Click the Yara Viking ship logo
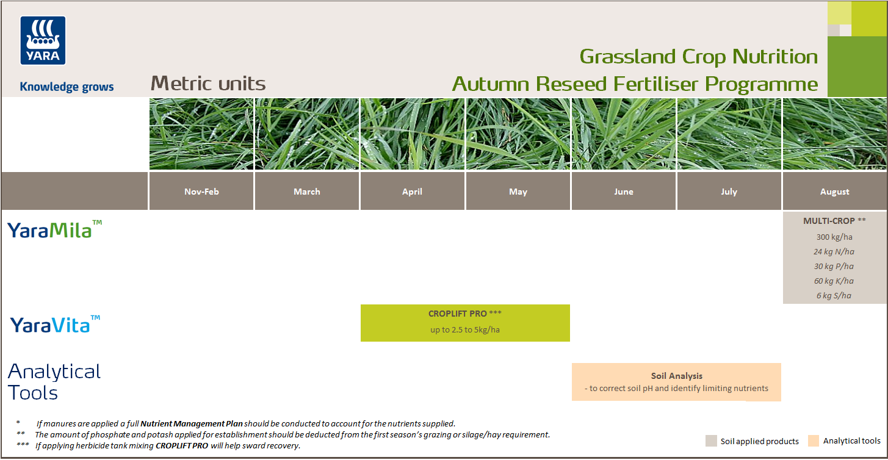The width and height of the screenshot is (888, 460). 43,40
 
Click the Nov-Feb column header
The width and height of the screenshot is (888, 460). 201,192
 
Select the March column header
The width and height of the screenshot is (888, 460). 307,192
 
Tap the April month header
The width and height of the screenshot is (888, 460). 413,192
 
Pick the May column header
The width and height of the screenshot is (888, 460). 518,192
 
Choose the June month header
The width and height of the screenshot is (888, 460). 624,192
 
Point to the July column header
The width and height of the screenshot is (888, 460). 729,192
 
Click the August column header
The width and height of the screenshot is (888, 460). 835,192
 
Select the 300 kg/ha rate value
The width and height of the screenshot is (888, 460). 834,237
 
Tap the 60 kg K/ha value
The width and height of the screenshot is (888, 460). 834,281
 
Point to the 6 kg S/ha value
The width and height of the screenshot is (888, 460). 834,295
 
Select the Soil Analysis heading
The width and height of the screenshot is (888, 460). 676,376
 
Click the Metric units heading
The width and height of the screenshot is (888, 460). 208,84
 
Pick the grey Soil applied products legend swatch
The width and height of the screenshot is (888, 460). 711,441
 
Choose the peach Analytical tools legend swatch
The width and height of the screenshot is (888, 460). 813,441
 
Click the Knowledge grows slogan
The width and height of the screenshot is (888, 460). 67,87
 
